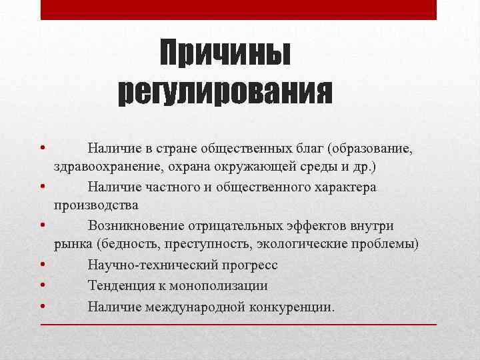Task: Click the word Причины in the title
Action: click(225, 54)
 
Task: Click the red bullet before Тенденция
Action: click(42, 285)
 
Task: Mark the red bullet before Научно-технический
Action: click(42, 265)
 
